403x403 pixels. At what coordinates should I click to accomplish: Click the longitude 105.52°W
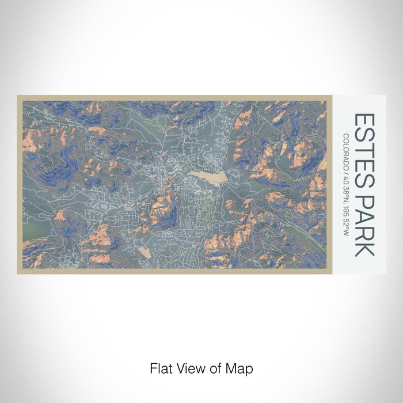(x=346, y=219)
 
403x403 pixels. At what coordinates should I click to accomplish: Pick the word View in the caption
(x=188, y=367)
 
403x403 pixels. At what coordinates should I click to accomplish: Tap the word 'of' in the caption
(x=211, y=367)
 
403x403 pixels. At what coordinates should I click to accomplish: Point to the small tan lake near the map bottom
(x=145, y=252)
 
